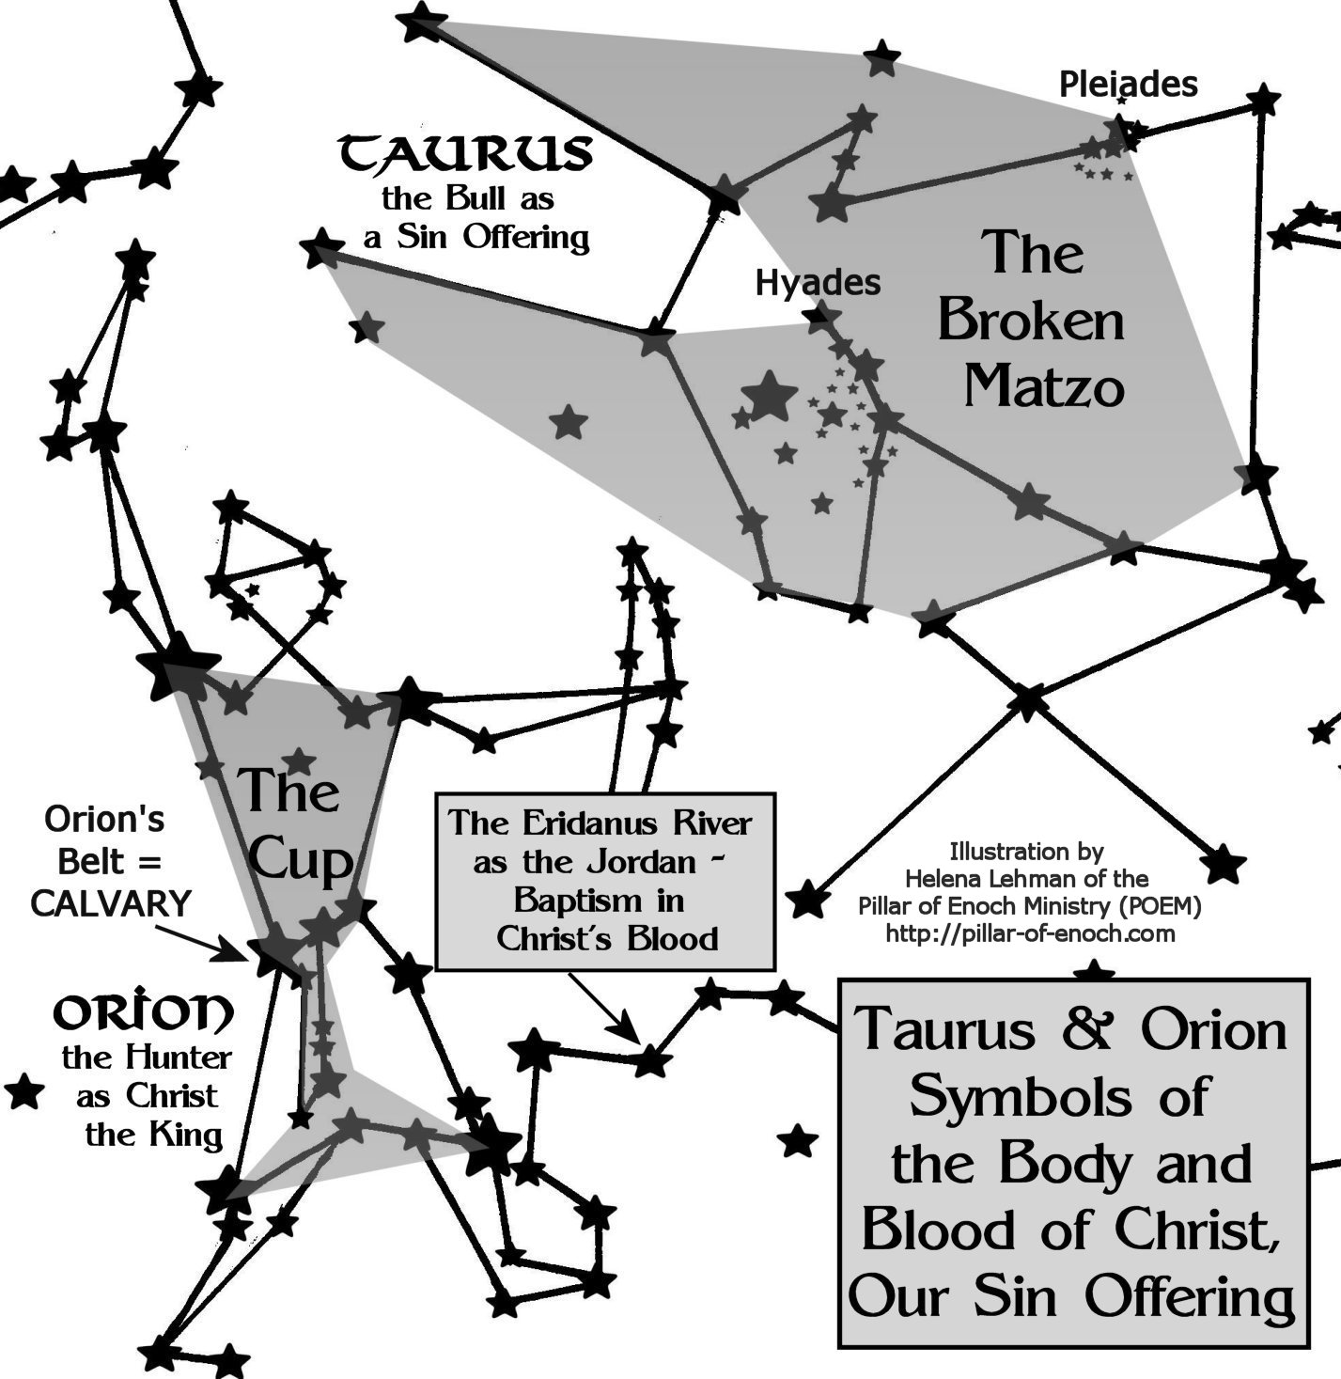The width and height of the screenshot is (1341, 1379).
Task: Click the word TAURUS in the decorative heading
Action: (466, 154)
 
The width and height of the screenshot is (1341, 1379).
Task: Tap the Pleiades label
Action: (1128, 85)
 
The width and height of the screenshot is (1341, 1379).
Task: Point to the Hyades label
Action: (818, 282)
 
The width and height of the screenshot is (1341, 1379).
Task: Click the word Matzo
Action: (1044, 385)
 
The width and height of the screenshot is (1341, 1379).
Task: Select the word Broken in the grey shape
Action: (1031, 321)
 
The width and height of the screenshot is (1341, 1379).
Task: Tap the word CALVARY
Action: (111, 903)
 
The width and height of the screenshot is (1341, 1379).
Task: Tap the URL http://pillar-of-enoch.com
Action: (1031, 933)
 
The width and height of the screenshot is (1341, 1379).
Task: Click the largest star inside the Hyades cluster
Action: (769, 395)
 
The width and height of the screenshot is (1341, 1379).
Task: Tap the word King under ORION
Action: (189, 1136)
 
